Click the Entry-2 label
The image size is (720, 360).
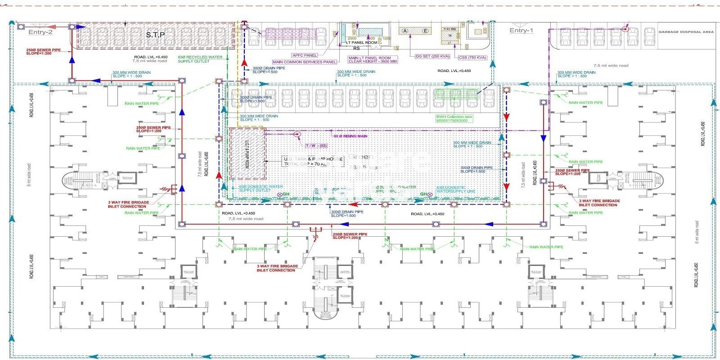pos(40,32)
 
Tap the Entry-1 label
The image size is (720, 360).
pos(521,31)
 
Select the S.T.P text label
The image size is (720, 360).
pos(155,35)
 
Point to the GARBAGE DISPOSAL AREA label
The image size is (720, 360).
pos(686,32)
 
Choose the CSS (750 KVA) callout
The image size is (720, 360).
pos(472,58)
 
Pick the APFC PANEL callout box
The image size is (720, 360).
pos(305,55)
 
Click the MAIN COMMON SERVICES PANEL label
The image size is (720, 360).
pos(304,62)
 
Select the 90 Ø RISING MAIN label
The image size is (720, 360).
pos(351,136)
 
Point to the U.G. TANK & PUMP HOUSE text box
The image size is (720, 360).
pos(313,162)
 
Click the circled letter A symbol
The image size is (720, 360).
pos(405,31)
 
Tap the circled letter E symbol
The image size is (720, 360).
pos(425,31)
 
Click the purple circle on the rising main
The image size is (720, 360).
pos(297,134)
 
